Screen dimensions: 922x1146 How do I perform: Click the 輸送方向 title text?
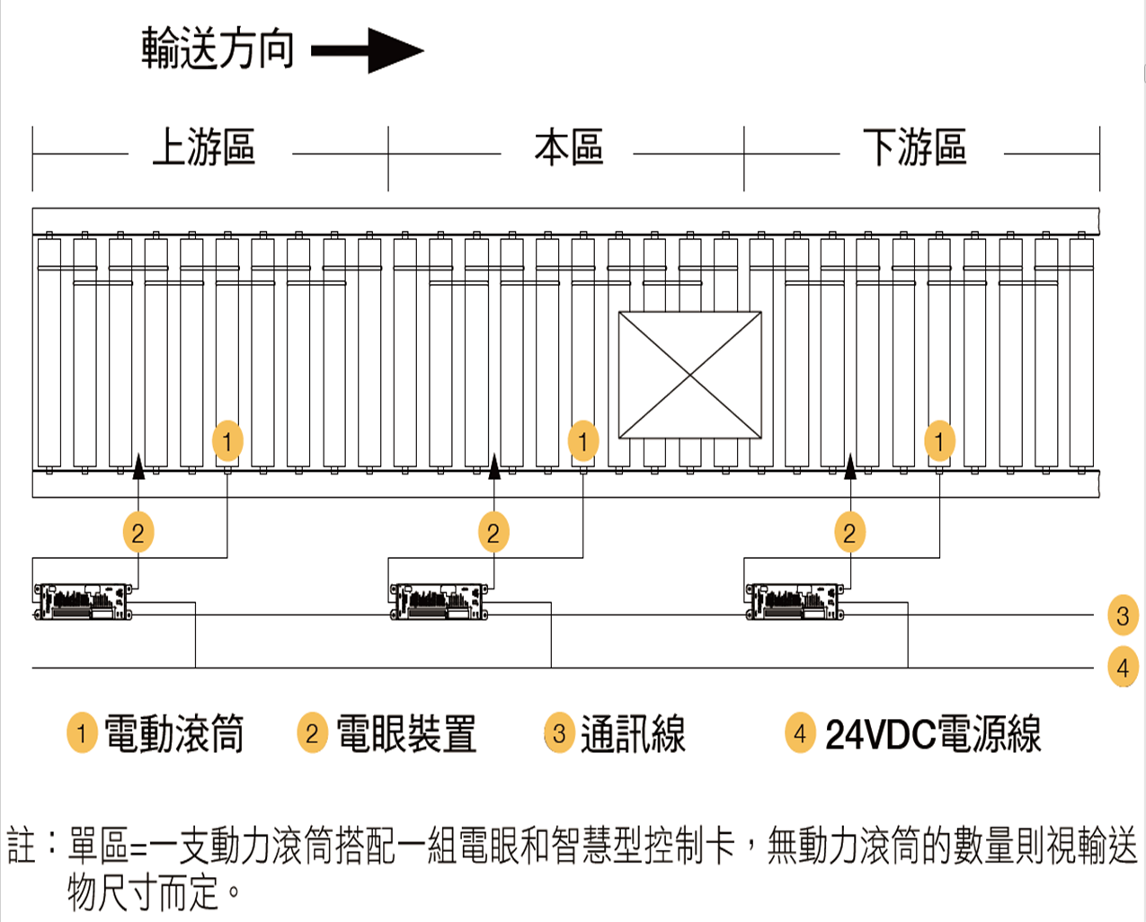[218, 49]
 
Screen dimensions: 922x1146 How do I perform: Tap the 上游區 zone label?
[204, 147]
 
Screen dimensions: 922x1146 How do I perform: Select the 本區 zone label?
[568, 147]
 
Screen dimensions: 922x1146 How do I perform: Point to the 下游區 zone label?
[915, 147]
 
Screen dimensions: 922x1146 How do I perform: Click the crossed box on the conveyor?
[689, 375]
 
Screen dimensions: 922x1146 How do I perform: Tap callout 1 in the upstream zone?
[227, 441]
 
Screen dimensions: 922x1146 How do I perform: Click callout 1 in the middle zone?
[583, 441]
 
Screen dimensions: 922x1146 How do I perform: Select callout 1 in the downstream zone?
[939, 441]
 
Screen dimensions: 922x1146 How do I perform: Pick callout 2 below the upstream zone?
[138, 533]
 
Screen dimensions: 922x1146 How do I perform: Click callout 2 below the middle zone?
[493, 533]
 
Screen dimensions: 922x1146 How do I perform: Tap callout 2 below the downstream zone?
[849, 533]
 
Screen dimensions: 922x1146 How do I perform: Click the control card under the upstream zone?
[83, 601]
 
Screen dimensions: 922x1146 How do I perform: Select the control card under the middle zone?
[439, 601]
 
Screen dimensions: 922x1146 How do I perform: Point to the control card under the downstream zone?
[795, 601]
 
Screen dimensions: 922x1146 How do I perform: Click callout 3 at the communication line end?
[1123, 616]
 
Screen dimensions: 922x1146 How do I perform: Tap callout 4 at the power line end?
[1123, 668]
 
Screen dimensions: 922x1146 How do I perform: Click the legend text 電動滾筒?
[174, 734]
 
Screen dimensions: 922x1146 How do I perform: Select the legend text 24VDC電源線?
[933, 734]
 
